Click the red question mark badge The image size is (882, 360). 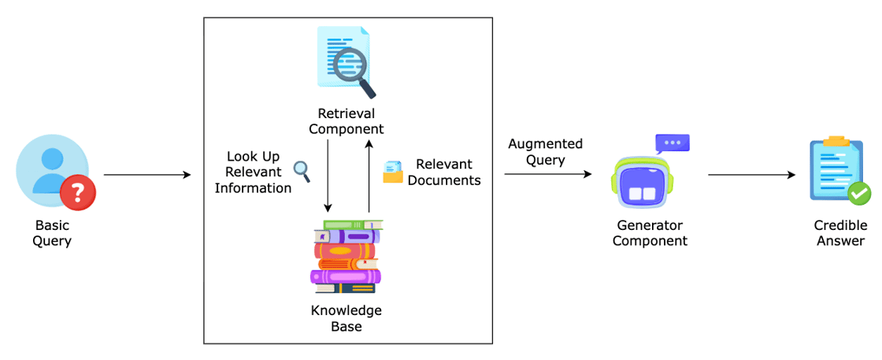pos(78,191)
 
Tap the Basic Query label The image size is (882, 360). pos(52,233)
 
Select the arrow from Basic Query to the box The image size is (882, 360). pos(147,174)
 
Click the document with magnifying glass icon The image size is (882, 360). pos(345,60)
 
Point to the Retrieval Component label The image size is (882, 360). pos(346,121)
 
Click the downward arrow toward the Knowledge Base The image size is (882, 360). pos(327,177)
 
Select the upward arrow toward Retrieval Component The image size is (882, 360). pos(368,177)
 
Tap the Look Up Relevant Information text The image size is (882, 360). pos(253,173)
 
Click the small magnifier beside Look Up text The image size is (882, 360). pos(302,169)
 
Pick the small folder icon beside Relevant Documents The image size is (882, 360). pos(392,173)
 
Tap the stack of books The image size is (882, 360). pos(346,257)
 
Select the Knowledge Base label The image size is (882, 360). pos(346,318)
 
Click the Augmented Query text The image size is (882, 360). pos(545,152)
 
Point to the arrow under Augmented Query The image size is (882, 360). pos(548,174)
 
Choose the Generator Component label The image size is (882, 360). pos(650,233)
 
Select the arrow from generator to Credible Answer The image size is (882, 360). pos(752,174)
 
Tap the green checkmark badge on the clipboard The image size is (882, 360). pos(858,192)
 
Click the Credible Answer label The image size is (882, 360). pos(840,233)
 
